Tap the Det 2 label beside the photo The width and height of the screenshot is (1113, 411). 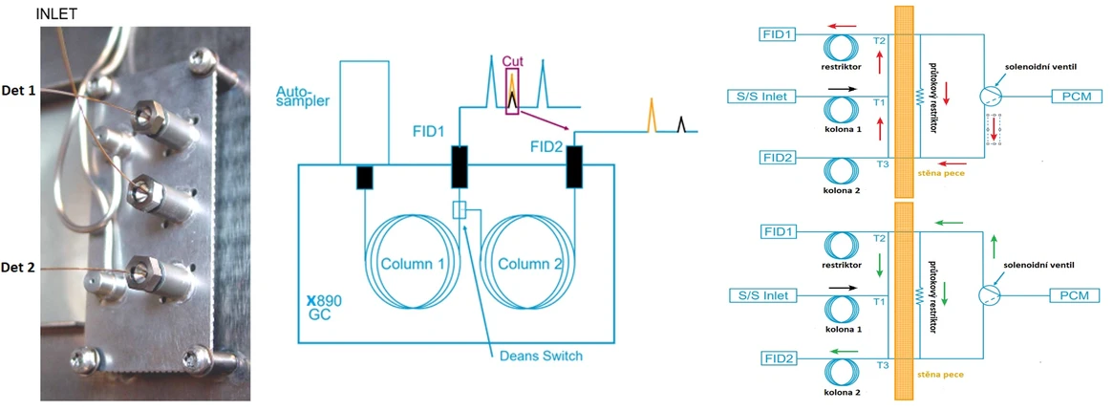click(x=18, y=269)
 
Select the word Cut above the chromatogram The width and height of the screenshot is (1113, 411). click(x=513, y=62)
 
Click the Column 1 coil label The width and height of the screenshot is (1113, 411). click(x=414, y=264)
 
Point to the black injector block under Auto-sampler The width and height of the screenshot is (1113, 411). click(x=364, y=177)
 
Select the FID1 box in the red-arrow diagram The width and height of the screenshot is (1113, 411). click(x=778, y=34)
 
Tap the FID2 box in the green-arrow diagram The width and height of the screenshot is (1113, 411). click(x=778, y=358)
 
